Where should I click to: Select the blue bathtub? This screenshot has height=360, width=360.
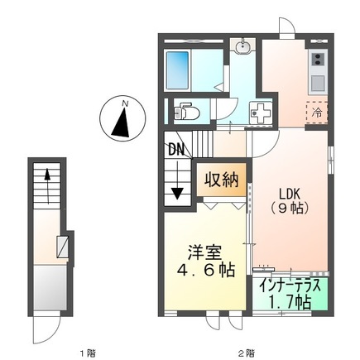[x=179, y=65]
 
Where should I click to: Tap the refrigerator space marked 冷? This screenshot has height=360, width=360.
[x=317, y=111]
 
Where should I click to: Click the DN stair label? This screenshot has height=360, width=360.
[x=176, y=151]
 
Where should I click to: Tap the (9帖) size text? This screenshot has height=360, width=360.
[x=290, y=207]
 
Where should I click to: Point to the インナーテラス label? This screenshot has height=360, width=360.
[x=291, y=286]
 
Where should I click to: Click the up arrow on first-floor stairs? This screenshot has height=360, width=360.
[x=48, y=180]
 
